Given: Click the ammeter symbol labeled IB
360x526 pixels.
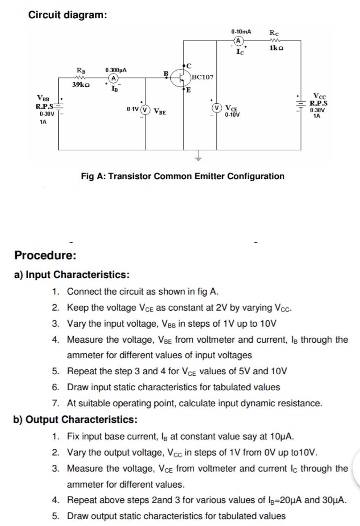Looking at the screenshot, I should tap(113, 78).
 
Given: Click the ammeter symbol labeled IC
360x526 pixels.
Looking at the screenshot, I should tap(238, 41).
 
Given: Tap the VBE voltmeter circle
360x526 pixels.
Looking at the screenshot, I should tap(145, 109).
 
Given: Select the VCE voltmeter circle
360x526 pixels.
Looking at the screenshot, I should tap(217, 108).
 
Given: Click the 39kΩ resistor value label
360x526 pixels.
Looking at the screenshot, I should tap(81, 85).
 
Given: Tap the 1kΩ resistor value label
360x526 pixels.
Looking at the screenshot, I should tap(276, 48).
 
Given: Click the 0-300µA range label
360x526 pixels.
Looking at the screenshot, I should tap(116, 70).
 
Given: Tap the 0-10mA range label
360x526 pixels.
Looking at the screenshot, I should tap(241, 32).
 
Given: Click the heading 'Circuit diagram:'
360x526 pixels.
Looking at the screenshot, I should tap(68, 15).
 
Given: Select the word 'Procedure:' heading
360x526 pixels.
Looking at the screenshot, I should tap(45, 255).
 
